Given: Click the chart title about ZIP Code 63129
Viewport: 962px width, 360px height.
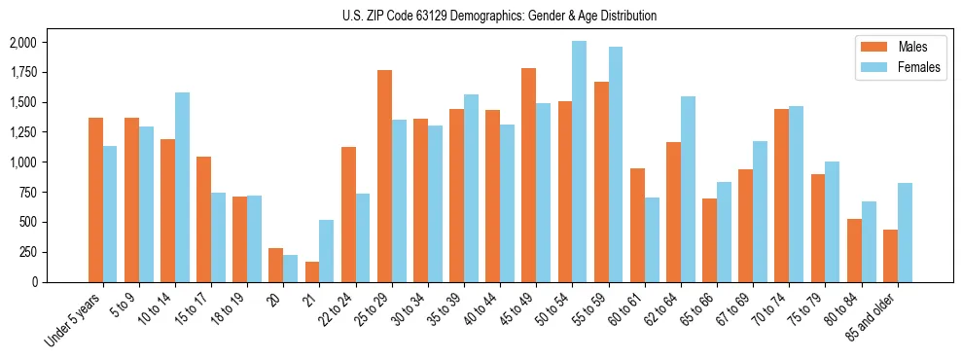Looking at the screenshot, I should coord(500,16).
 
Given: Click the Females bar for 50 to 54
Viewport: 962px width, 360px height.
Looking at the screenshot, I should coord(580,162).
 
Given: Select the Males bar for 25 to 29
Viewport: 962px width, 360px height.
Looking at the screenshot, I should coord(384,176).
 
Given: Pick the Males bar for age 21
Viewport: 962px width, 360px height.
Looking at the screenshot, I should coord(312,271).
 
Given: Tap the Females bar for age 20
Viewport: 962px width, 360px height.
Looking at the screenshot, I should coord(291,269).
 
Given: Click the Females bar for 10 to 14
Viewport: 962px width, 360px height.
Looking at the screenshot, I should coord(182,187).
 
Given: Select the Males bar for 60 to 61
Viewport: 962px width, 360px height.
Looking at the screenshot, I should coord(637,225).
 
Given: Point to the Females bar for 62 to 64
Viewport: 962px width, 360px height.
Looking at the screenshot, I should coord(688,189).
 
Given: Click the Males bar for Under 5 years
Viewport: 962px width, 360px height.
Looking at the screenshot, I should coord(95,199).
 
